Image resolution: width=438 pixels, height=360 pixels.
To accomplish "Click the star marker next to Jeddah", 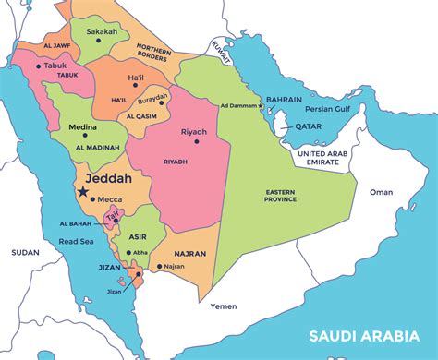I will pyautogui.click(x=83, y=191).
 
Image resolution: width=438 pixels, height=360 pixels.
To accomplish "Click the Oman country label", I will pyautogui.click(x=381, y=192).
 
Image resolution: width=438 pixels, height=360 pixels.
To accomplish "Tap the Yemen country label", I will pyautogui.click(x=224, y=306).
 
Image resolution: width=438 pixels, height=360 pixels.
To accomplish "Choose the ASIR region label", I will pyautogui.click(x=139, y=235).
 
